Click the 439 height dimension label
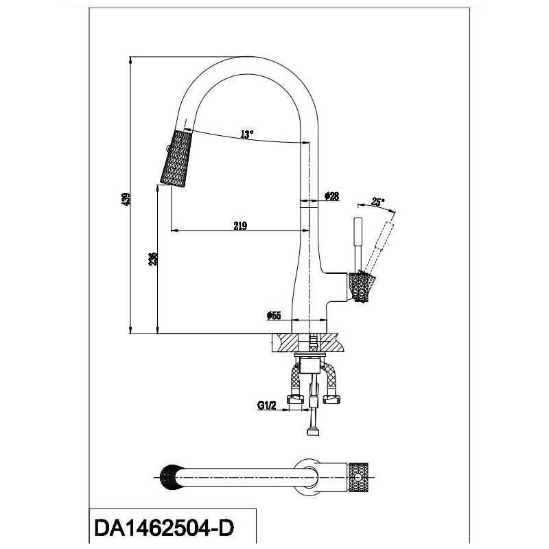[x=126, y=198]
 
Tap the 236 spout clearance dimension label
[x=153, y=259]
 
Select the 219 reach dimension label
[x=240, y=226]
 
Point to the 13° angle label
[x=246, y=134]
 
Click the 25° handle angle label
[x=378, y=202]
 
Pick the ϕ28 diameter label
[x=332, y=196]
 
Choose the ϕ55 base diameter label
[x=273, y=316]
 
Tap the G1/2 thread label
[x=267, y=406]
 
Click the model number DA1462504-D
[x=164, y=528]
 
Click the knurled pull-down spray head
[x=176, y=159]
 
